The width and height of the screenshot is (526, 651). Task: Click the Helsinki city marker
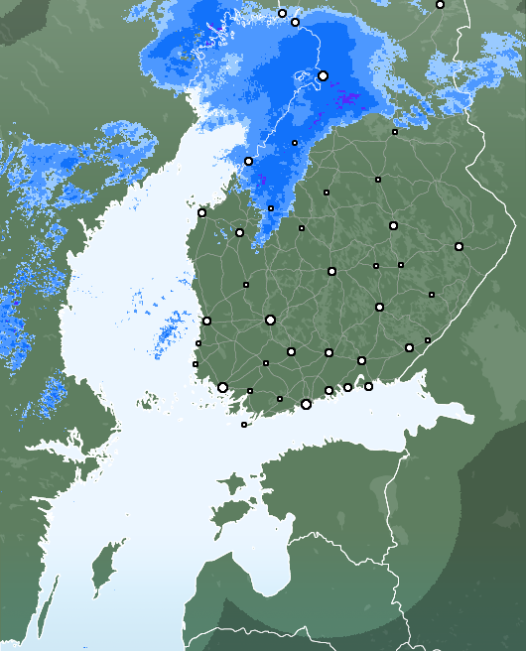pos(306,404)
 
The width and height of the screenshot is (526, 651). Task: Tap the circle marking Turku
pos(222,387)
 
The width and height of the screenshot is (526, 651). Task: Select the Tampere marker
pos(270,320)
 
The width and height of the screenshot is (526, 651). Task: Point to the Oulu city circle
pos(323,75)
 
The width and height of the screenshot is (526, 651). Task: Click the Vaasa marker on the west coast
pos(201,212)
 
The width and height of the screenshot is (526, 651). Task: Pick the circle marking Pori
pos(206,321)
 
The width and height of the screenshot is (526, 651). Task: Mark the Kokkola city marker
pos(248,161)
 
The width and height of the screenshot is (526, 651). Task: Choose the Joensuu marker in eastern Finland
pos(459,246)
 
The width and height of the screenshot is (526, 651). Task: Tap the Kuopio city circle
pos(393,225)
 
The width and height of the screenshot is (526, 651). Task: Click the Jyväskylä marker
pos(331,271)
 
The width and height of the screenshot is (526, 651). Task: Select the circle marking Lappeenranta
pos(409,347)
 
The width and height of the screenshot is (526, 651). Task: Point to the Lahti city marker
pos(329,352)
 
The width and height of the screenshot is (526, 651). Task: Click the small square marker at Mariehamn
pos(244,425)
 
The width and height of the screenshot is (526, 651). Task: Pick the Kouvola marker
pos(361,360)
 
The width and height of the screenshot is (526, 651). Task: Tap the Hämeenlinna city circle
pos(291,351)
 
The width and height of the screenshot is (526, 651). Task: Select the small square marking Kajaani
pos(378,180)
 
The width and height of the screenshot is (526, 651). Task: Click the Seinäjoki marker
pos(239,232)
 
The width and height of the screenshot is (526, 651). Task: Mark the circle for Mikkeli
pos(379,307)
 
